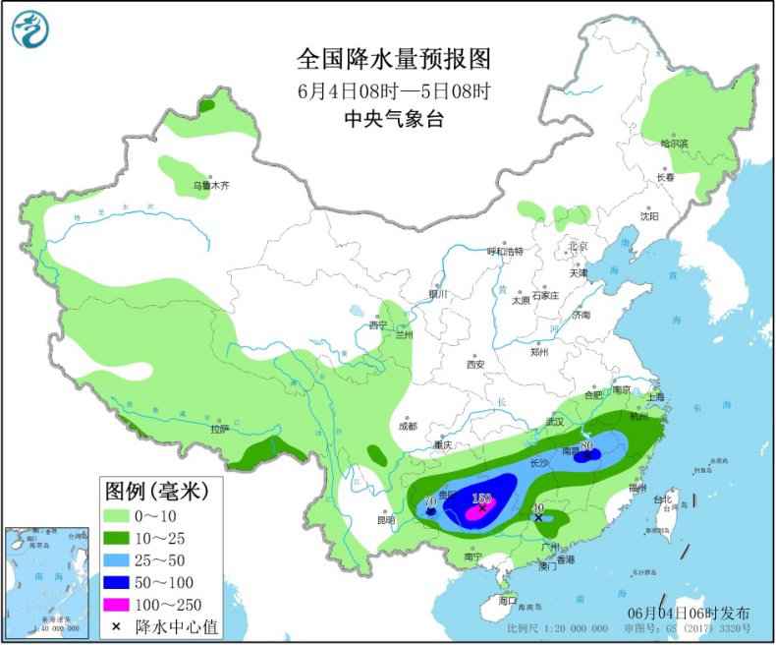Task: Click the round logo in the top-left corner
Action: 30,29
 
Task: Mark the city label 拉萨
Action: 219,428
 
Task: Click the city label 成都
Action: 407,427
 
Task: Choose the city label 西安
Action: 476,364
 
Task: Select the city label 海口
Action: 507,599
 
